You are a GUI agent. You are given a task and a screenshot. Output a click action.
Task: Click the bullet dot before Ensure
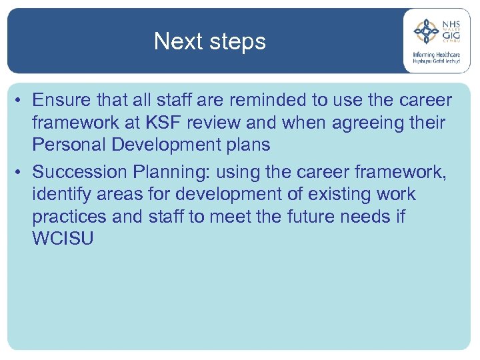(21, 101)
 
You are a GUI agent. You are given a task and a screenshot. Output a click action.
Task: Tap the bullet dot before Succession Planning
(21, 173)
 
